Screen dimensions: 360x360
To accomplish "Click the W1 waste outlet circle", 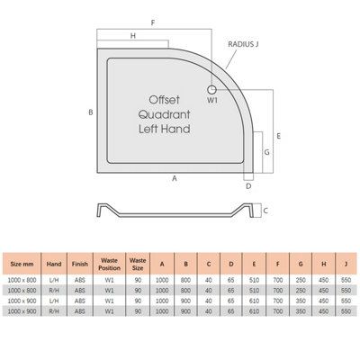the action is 211,89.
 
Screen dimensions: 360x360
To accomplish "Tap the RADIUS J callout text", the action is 243,44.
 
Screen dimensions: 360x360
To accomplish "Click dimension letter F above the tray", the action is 153,22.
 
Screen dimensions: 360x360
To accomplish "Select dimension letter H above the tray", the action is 133,36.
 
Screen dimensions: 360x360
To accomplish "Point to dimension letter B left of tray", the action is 91,112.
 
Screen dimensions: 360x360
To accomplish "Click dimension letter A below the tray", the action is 175,178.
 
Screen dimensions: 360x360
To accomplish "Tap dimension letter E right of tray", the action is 279,136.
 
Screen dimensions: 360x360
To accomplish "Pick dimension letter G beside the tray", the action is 266,152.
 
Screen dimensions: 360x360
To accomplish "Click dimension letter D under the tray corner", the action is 248,186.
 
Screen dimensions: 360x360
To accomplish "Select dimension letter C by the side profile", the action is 265,211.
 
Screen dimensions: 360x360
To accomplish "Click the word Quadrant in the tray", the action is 164,114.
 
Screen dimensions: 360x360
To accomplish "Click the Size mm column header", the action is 22,264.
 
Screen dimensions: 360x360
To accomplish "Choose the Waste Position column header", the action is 109,264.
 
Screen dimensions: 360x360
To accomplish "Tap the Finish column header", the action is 80,264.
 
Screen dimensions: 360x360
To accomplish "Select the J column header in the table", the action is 346,264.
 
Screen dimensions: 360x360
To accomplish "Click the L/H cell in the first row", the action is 54,280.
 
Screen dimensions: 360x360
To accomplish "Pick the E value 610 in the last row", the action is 254,311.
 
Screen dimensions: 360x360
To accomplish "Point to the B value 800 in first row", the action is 185,280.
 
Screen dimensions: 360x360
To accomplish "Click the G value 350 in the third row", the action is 301,301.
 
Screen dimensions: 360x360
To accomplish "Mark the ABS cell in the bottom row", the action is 80,311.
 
